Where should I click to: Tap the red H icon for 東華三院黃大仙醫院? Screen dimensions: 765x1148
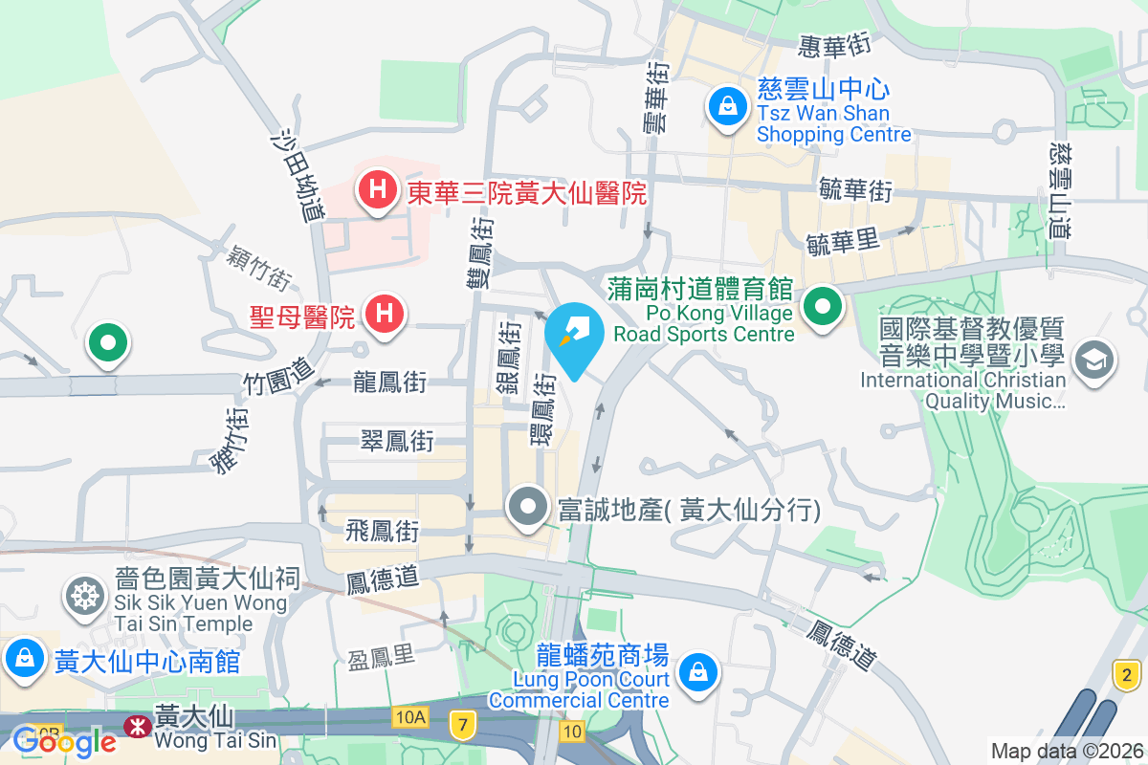click(x=378, y=188)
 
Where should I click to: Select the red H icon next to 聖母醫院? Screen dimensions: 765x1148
click(x=386, y=314)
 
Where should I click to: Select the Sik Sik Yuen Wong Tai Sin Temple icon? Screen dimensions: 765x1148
click(x=84, y=597)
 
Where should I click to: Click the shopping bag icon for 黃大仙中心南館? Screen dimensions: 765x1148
click(x=22, y=659)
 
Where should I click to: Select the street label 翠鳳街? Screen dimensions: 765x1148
click(x=397, y=441)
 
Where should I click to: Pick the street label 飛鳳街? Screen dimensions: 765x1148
click(x=383, y=530)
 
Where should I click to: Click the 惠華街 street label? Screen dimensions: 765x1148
click(x=835, y=43)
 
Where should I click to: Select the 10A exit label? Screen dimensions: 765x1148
click(x=408, y=716)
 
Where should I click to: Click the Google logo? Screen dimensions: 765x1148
click(x=64, y=741)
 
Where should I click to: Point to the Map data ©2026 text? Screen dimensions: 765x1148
click(x=1067, y=751)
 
